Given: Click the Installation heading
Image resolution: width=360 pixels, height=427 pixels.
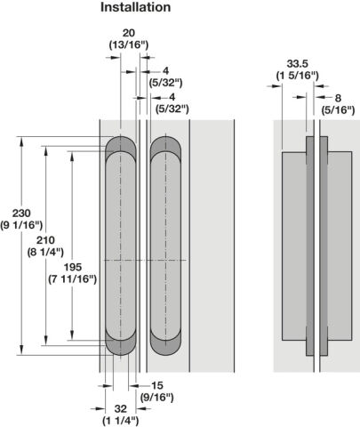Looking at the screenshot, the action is coord(135,7).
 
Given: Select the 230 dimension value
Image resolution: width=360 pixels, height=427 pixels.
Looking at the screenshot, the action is coord(21,213).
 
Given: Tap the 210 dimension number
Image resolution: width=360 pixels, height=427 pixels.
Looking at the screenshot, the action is coord(45,240).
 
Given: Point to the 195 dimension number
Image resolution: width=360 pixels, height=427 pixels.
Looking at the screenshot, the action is coord(73,267).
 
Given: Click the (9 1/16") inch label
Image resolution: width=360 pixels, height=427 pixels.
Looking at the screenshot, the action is coord(21,225).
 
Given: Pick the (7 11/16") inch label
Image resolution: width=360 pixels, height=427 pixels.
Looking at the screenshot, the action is coord(73,279).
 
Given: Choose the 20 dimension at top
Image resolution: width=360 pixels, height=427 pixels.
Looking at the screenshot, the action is coord(128,33).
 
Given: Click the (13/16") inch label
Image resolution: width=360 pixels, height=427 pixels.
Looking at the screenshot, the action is coord(129,44).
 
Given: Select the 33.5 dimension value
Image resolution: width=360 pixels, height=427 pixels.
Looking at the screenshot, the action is coord(298,63).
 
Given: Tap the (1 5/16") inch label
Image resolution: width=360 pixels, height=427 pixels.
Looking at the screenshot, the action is coord(298,76).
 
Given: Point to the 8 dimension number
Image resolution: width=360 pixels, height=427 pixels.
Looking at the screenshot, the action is coord(338,98).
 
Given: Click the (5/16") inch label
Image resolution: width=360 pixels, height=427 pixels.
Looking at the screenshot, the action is coord(338,110).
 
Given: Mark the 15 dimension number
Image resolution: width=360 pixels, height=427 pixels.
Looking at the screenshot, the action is coord(157,385).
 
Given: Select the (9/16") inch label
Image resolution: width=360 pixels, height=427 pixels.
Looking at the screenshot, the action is coord(157,397).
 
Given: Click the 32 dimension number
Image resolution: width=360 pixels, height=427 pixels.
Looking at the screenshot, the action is coord(121,408).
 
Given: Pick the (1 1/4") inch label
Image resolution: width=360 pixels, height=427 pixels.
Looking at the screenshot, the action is coord(121,421).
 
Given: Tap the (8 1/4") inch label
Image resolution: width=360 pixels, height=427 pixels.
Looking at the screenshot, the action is coord(45,252).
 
